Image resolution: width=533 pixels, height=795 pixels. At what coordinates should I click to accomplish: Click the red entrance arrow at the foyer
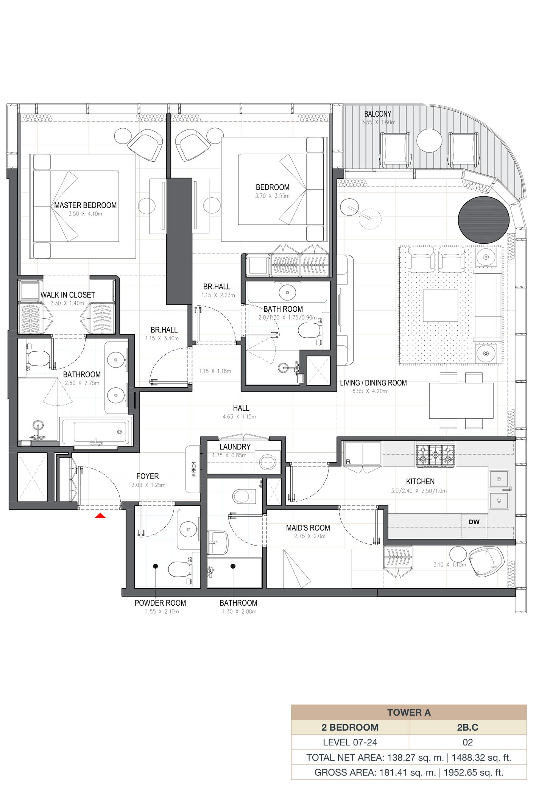point(100,515)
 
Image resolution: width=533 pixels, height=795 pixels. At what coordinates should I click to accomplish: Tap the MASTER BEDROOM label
point(85,205)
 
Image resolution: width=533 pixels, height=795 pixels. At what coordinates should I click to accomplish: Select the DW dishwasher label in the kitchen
point(474,522)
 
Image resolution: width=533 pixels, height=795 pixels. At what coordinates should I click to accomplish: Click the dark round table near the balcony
point(483,220)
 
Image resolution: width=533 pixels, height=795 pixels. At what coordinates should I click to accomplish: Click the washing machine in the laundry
point(268,462)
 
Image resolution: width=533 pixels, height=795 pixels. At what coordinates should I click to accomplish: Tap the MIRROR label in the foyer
point(194,469)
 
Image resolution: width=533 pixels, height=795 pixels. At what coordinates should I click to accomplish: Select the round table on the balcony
point(429,140)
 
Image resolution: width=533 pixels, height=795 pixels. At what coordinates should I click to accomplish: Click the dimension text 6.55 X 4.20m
point(369,391)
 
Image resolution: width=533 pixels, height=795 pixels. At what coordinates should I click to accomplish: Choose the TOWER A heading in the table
point(409,712)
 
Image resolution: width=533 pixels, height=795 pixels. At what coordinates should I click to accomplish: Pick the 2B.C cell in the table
point(468,727)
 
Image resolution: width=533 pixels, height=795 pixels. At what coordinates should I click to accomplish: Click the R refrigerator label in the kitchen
point(348,461)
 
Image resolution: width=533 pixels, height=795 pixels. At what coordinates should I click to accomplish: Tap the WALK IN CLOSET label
point(68,295)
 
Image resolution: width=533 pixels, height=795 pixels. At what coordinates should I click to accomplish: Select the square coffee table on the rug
point(440,306)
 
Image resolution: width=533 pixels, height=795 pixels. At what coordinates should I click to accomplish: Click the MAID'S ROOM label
point(308,528)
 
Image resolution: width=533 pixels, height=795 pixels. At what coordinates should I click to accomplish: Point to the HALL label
point(241,408)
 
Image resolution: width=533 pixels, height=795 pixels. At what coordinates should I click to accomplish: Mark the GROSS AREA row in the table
point(409,772)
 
